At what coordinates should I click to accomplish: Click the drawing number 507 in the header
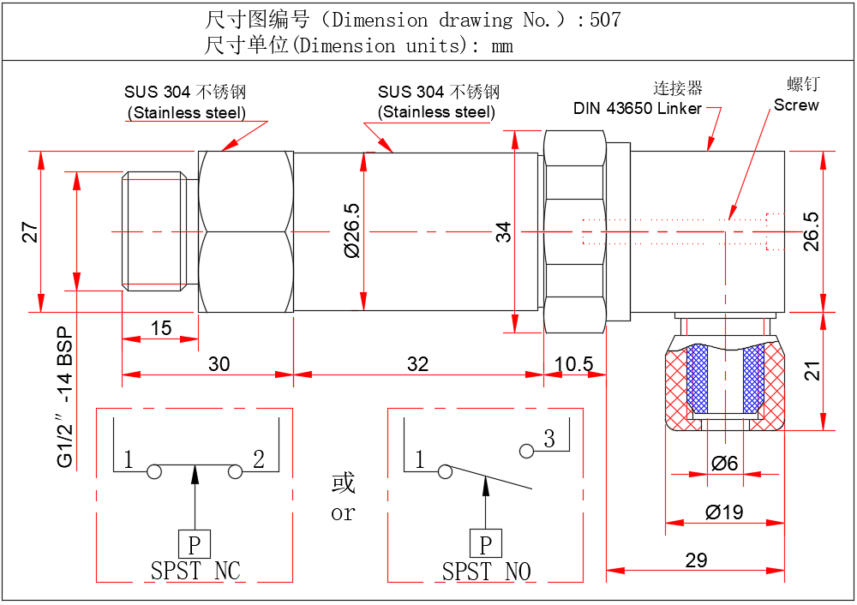pyautogui.click(x=604, y=20)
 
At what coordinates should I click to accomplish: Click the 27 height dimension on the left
pyautogui.click(x=31, y=232)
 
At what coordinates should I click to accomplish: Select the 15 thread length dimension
pyautogui.click(x=160, y=327)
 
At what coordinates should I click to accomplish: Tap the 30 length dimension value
pyautogui.click(x=219, y=364)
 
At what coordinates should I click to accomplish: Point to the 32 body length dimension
pyautogui.click(x=417, y=364)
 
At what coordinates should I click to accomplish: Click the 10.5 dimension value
pyautogui.click(x=573, y=364)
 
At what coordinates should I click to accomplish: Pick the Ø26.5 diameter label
pyautogui.click(x=351, y=231)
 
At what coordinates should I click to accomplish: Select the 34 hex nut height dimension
pyautogui.click(x=504, y=231)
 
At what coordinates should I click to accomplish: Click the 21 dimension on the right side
pyautogui.click(x=812, y=370)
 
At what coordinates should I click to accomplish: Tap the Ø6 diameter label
pyautogui.click(x=724, y=464)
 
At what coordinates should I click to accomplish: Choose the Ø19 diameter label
pyautogui.click(x=724, y=512)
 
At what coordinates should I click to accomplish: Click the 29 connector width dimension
pyautogui.click(x=697, y=560)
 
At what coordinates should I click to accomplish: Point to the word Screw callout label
pyautogui.click(x=796, y=105)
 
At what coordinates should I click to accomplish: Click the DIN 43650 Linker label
pyautogui.click(x=638, y=109)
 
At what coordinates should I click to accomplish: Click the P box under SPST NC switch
pyautogui.click(x=195, y=544)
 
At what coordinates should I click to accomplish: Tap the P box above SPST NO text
pyautogui.click(x=486, y=544)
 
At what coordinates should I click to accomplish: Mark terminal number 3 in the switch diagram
pyautogui.click(x=549, y=440)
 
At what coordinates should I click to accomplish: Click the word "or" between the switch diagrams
pyautogui.click(x=343, y=513)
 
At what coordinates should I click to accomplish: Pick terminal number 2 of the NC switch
pyautogui.click(x=258, y=460)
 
